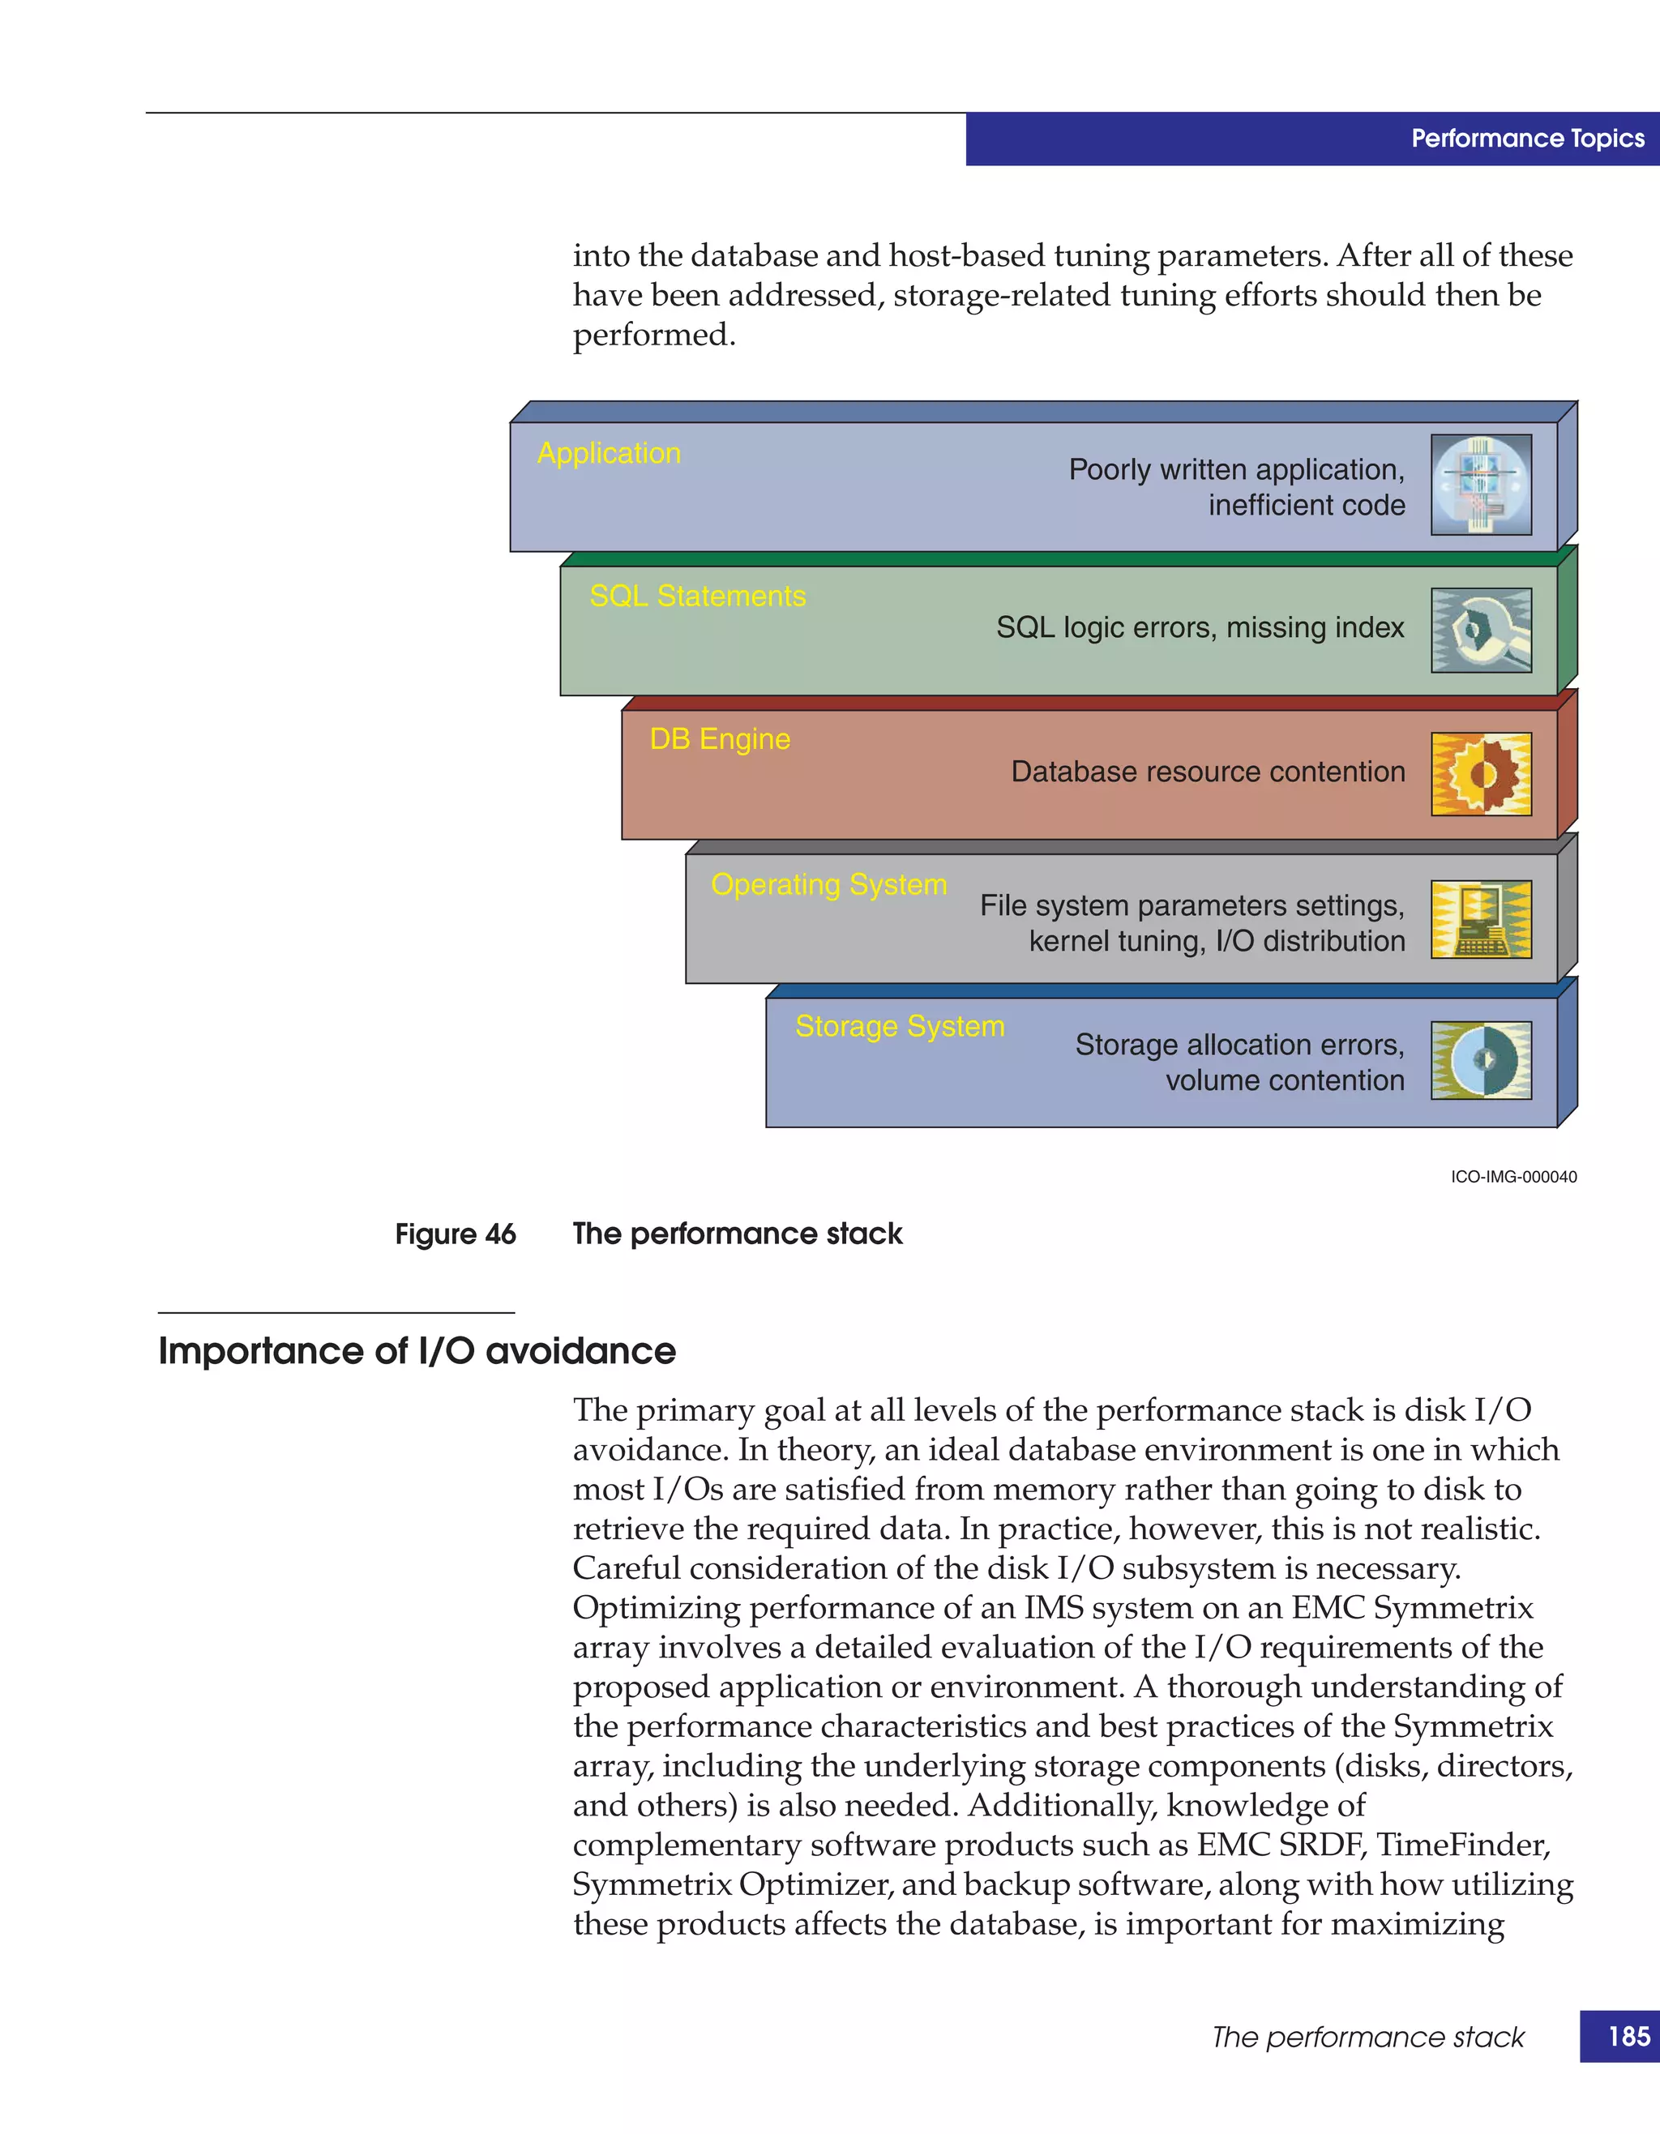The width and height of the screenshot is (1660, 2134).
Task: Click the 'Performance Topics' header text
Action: [1527, 139]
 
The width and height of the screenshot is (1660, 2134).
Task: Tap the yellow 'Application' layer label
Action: [609, 453]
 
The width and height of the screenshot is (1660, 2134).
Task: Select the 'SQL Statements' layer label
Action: [698, 596]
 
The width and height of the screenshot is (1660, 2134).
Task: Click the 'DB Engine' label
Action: [720, 740]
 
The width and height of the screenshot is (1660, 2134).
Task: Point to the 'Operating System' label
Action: [828, 884]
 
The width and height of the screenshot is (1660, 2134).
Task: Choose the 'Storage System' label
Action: [900, 1026]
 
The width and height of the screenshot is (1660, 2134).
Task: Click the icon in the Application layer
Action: [1480, 485]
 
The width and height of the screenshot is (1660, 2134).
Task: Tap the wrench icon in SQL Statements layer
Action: [1480, 631]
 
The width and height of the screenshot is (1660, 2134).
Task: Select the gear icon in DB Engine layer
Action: [1480, 774]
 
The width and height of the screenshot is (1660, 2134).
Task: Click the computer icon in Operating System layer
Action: [1480, 918]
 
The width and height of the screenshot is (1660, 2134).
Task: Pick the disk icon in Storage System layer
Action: [1480, 1061]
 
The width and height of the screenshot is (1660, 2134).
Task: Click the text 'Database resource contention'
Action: [1208, 772]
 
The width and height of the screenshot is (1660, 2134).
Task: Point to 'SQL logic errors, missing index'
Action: [1200, 627]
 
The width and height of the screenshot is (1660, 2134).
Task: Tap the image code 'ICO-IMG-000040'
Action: [1513, 1178]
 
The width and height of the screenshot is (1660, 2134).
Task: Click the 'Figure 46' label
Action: [456, 1234]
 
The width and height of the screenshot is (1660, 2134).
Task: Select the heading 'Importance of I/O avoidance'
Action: [417, 1351]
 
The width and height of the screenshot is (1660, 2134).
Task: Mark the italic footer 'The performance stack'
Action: [1368, 2038]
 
